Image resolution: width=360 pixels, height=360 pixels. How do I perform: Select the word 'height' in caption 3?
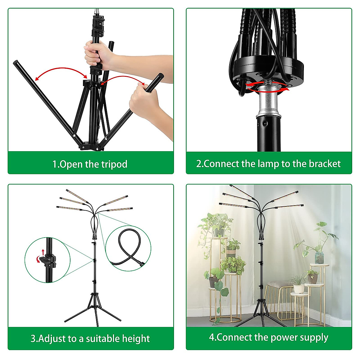[136, 339]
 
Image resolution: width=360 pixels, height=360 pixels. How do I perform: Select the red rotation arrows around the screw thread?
[267, 87]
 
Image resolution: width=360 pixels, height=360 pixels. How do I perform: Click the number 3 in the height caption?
[33, 339]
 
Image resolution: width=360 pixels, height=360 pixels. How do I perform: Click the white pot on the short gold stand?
[298, 289]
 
